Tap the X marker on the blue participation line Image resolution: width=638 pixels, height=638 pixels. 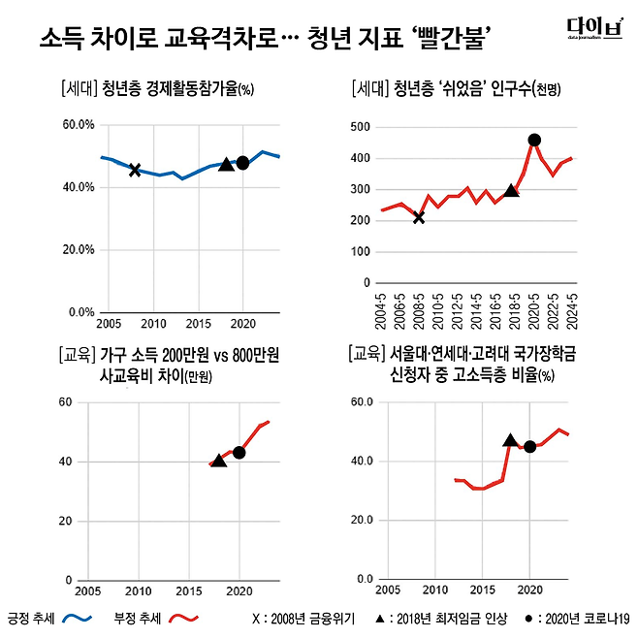[x=135, y=170]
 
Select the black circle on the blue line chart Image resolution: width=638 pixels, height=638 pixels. [x=242, y=163]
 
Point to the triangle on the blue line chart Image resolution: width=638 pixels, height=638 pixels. [x=226, y=165]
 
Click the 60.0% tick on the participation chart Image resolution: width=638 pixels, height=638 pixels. [x=77, y=125]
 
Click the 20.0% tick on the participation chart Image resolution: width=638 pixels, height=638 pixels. [x=77, y=249]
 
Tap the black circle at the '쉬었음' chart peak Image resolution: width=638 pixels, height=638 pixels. [x=534, y=140]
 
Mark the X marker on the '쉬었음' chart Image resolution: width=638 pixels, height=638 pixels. [x=419, y=217]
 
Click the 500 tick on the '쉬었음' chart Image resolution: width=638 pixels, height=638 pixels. [x=361, y=127]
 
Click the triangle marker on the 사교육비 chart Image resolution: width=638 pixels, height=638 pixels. [x=219, y=461]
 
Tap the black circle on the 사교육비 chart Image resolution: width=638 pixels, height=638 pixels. [x=239, y=452]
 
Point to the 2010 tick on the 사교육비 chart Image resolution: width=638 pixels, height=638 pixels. [x=139, y=590]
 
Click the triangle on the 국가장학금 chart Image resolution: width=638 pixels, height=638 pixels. [x=511, y=440]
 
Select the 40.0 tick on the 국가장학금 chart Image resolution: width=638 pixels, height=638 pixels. [x=361, y=461]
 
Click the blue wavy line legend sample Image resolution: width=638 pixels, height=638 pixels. [x=76, y=617]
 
